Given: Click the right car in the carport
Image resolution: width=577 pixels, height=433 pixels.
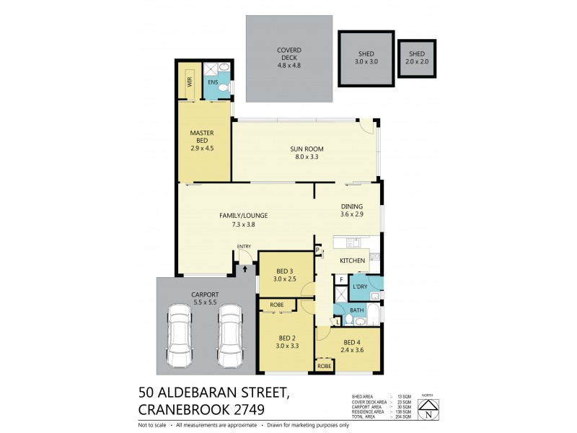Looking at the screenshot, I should tap(229, 336).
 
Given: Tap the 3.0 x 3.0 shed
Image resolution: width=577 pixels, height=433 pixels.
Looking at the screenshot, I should tap(367, 58).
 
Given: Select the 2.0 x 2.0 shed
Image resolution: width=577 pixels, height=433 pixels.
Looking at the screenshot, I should tap(417, 58).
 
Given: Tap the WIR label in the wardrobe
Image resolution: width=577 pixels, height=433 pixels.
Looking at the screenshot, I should tap(190, 82).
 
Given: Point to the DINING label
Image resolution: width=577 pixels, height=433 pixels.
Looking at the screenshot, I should tap(352, 206).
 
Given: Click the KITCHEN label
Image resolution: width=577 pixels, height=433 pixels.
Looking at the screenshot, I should tap(352, 260).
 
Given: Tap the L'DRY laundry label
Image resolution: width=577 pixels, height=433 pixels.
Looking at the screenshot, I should tap(359, 287).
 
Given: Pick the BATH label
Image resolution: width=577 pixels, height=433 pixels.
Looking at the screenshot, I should tap(356, 311).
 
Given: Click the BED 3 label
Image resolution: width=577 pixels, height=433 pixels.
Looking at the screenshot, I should tap(284, 271).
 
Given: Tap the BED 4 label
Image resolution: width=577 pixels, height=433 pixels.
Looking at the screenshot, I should tap(351, 343).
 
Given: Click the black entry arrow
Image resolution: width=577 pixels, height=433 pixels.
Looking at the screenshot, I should tap(245, 268).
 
